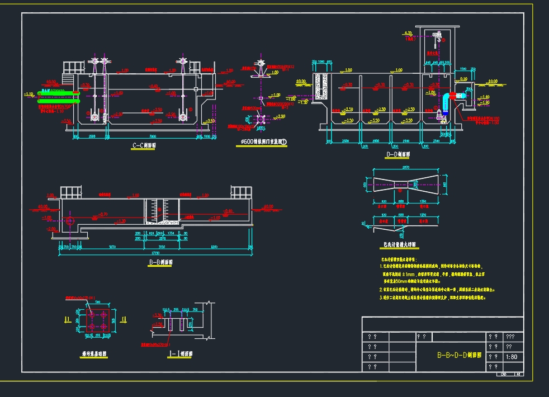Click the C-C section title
[144, 146]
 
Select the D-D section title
[397, 154]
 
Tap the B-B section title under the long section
[160, 262]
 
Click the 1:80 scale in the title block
[510, 357]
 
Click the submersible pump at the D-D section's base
[438, 116]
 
